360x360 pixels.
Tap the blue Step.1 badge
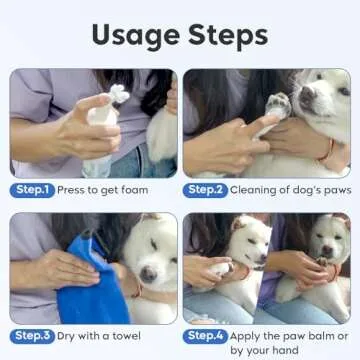(x=31, y=189)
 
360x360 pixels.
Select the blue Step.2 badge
(x=205, y=189)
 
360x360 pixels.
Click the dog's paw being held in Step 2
(x=278, y=105)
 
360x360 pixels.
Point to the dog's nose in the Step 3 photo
(x=147, y=275)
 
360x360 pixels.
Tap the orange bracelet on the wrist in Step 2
(x=326, y=149)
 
